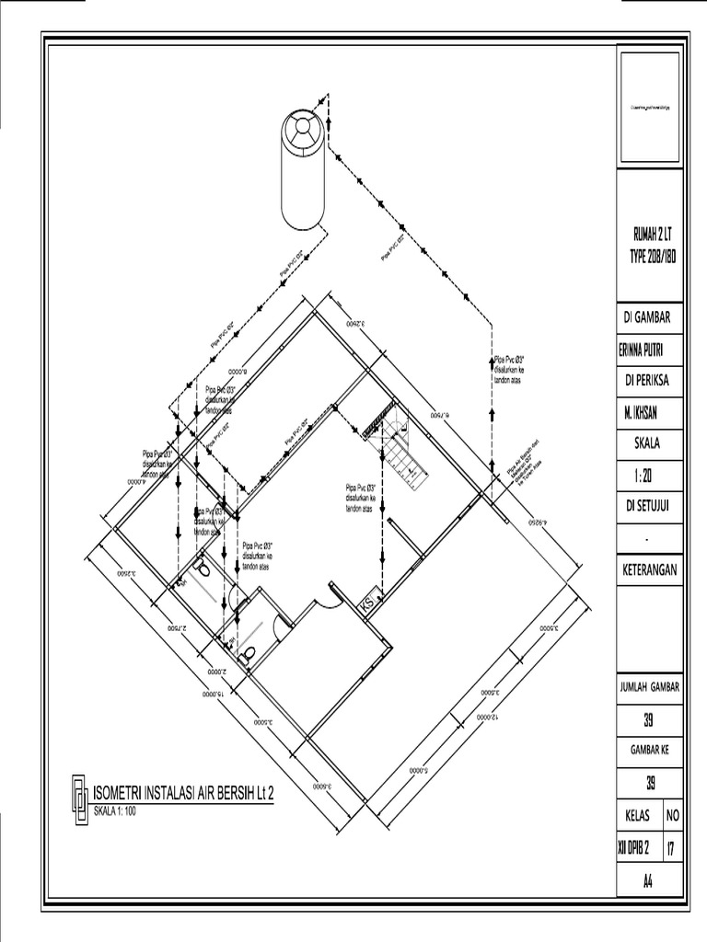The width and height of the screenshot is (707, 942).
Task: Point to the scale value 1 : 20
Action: [x=647, y=476]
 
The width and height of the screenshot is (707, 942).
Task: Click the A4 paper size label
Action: [x=647, y=879]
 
